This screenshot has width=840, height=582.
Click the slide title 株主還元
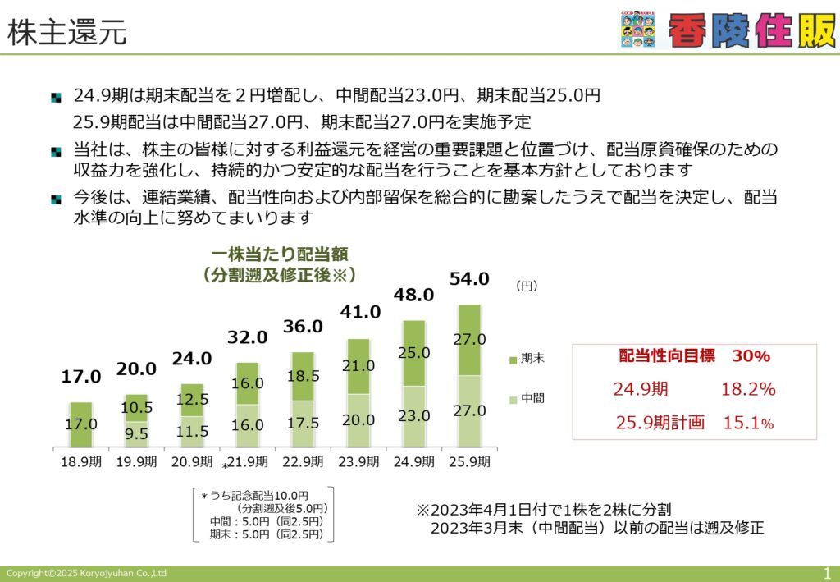(x=67, y=32)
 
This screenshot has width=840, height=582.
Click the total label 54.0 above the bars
(x=469, y=278)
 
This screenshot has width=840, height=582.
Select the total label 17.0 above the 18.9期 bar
(x=81, y=377)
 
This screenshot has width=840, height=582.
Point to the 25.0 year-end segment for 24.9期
(x=413, y=353)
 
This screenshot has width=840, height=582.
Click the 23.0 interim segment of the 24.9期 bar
(x=413, y=416)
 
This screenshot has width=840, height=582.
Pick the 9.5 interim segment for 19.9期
(x=136, y=434)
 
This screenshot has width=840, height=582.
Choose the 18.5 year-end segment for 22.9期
(x=303, y=376)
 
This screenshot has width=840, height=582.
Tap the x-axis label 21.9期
(x=248, y=462)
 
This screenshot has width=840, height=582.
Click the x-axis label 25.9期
(x=469, y=462)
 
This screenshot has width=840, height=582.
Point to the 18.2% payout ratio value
(x=748, y=389)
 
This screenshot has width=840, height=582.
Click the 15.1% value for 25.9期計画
(x=748, y=423)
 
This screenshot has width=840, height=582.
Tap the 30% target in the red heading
(x=751, y=355)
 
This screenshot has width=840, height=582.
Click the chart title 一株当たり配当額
(x=280, y=254)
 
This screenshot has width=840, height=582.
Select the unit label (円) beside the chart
(x=527, y=286)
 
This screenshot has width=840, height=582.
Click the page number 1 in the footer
(x=827, y=574)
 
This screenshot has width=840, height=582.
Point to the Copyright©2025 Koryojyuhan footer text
(x=86, y=574)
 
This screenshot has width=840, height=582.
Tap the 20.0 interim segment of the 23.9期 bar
(x=358, y=420)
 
